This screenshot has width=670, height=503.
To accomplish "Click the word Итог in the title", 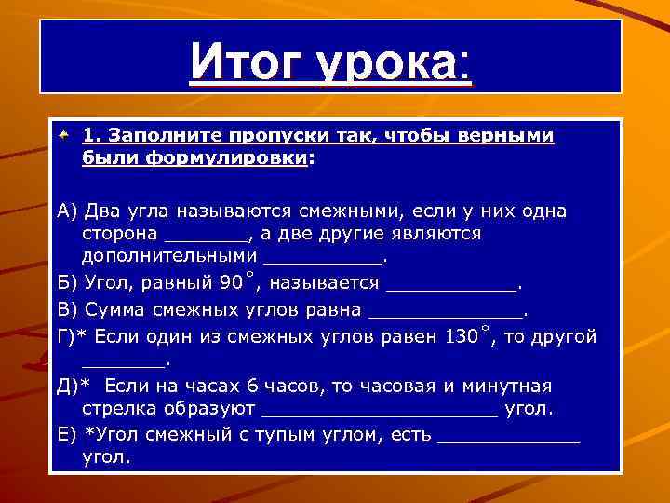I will pyautogui.click(x=248, y=64).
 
